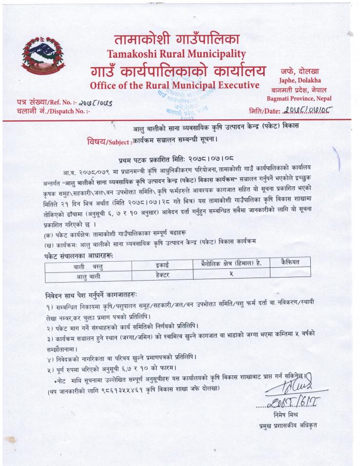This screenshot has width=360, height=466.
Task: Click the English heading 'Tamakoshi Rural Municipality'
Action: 176,53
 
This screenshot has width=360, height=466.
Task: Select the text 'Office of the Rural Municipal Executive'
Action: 174,84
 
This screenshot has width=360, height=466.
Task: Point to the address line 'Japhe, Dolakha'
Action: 300,80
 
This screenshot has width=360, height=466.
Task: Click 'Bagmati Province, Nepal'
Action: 299,98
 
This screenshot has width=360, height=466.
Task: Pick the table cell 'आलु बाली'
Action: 88,276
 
